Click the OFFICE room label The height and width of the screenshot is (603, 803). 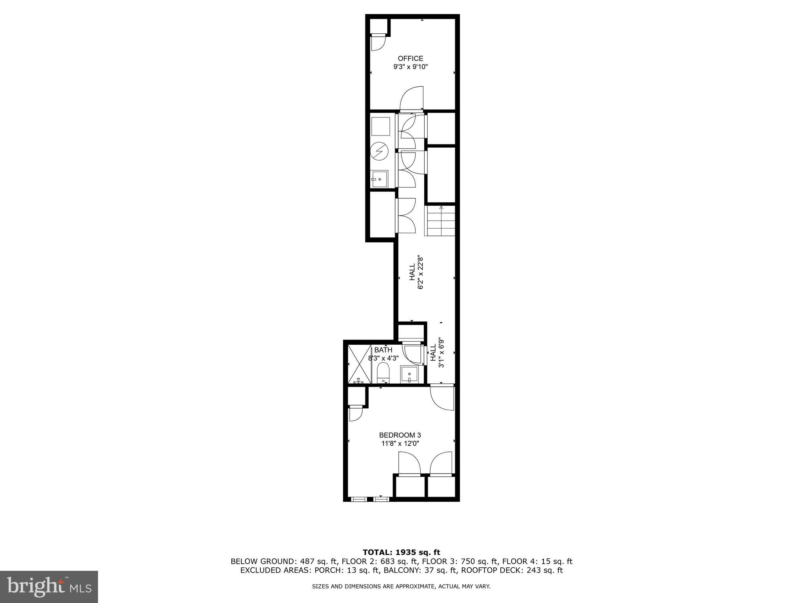[x=411, y=58]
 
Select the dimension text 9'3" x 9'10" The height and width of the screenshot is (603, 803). [x=411, y=67]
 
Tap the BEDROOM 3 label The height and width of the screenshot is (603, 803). [x=400, y=435]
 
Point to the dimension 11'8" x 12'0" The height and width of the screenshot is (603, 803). [x=400, y=444]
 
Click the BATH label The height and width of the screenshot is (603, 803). [x=383, y=350]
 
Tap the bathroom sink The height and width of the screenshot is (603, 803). [x=409, y=375]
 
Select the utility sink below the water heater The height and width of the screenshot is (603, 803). [x=380, y=179]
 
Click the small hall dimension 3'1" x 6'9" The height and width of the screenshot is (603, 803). [x=437, y=353]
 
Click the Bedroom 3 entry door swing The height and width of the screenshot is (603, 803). [x=442, y=398]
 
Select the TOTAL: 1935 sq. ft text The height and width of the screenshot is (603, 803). [x=401, y=552]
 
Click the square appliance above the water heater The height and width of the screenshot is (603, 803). [x=380, y=126]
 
